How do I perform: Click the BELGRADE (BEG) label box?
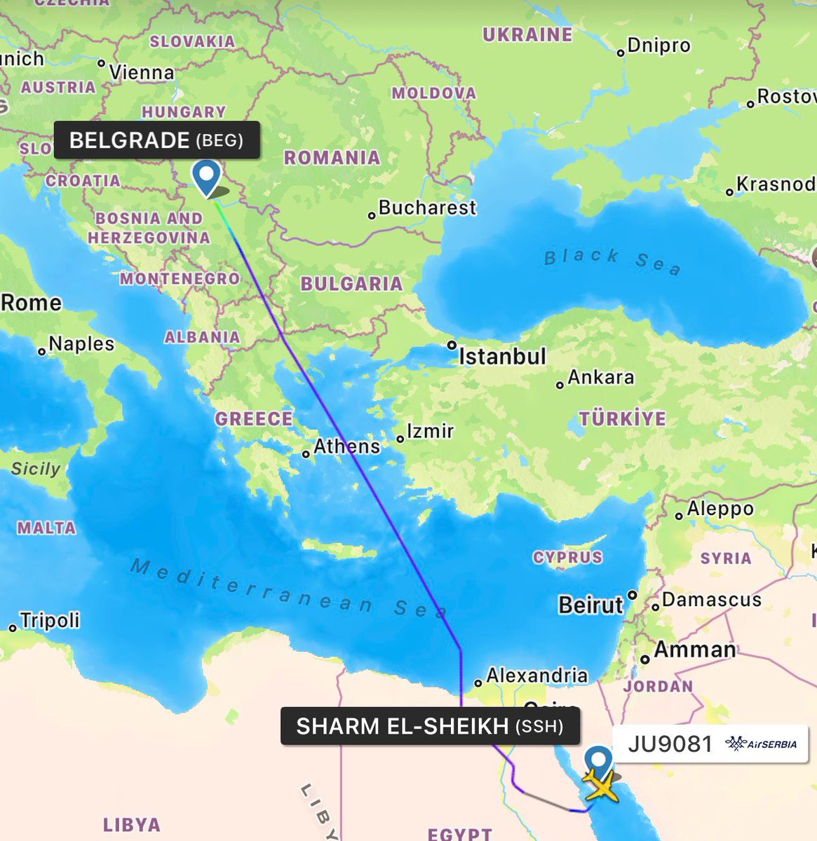point(156,140)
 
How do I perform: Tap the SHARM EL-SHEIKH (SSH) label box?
point(430,726)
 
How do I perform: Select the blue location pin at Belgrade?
point(207,176)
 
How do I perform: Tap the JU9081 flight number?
point(670,744)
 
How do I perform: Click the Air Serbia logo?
point(762,744)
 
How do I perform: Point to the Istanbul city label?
point(502,357)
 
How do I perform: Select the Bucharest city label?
point(426,207)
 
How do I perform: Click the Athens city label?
point(346,446)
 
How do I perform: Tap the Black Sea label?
point(612,261)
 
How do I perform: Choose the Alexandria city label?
point(536,676)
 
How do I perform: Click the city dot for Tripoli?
point(13,628)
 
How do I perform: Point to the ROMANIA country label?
point(332,158)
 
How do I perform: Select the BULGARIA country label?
point(351,284)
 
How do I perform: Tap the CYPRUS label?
point(567,557)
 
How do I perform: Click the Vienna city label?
point(141,72)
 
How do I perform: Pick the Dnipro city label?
point(659,46)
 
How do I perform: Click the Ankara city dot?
point(560,385)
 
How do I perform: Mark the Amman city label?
point(694,650)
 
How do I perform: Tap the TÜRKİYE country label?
point(622,419)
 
